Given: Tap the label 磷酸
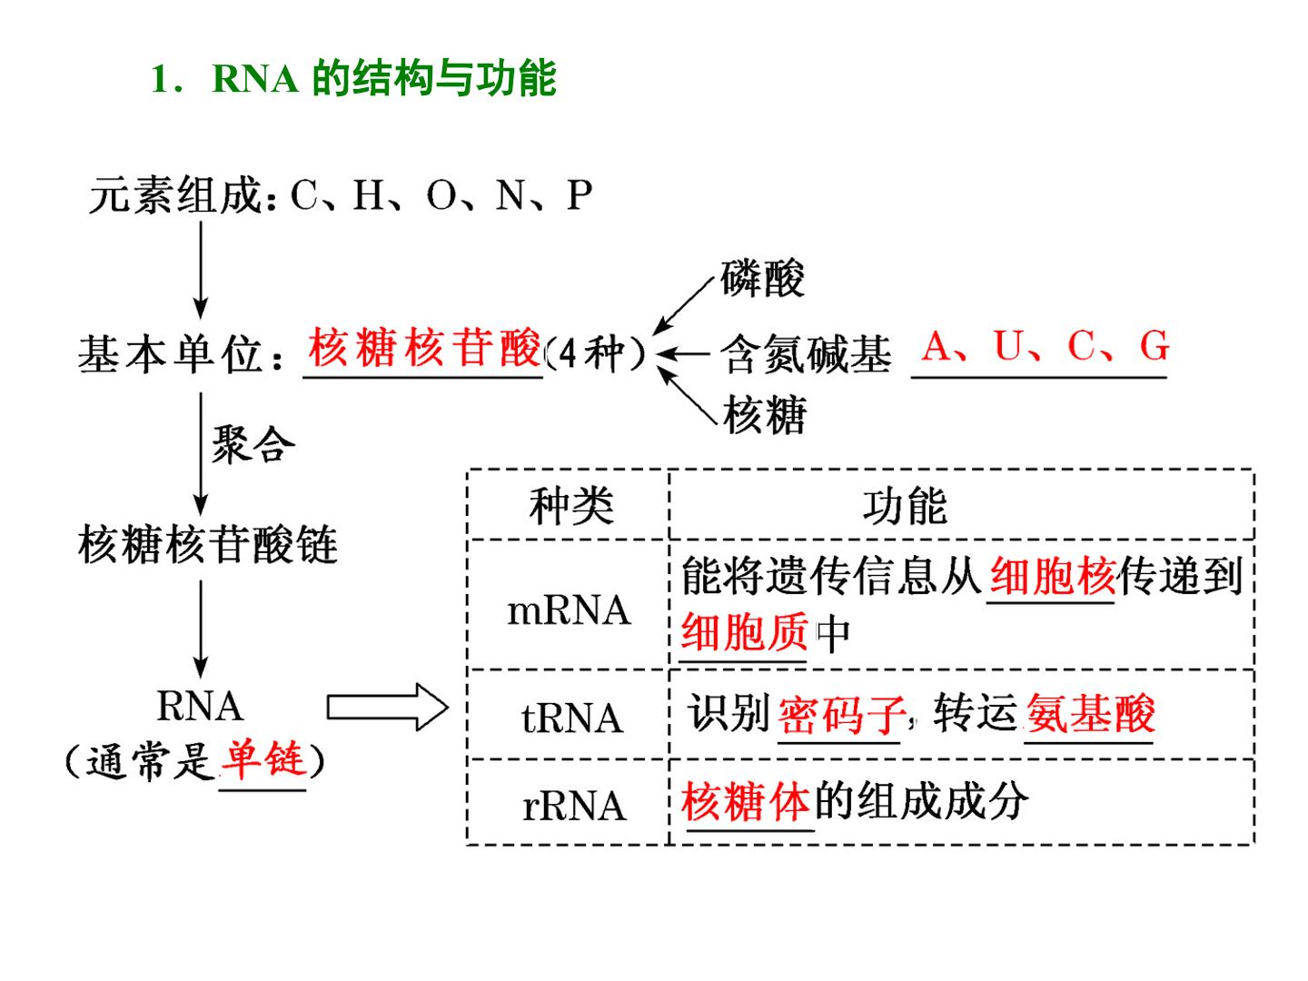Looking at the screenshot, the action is (762, 278).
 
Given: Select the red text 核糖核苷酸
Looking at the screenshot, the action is (423, 347).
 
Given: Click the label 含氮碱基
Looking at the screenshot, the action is (806, 354).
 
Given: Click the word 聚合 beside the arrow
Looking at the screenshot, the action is (253, 444).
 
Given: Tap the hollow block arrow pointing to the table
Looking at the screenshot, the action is (387, 707).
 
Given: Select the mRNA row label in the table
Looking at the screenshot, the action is (569, 610).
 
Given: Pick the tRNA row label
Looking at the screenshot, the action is (572, 718).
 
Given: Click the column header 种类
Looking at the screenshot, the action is (570, 506).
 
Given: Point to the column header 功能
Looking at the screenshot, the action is (905, 506).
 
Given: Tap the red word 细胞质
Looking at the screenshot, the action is (744, 631).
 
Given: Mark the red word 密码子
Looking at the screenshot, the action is (841, 714).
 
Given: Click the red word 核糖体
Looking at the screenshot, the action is (745, 801).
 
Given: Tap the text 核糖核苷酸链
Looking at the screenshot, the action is (208, 544).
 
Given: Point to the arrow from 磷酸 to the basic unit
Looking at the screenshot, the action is (683, 306).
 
